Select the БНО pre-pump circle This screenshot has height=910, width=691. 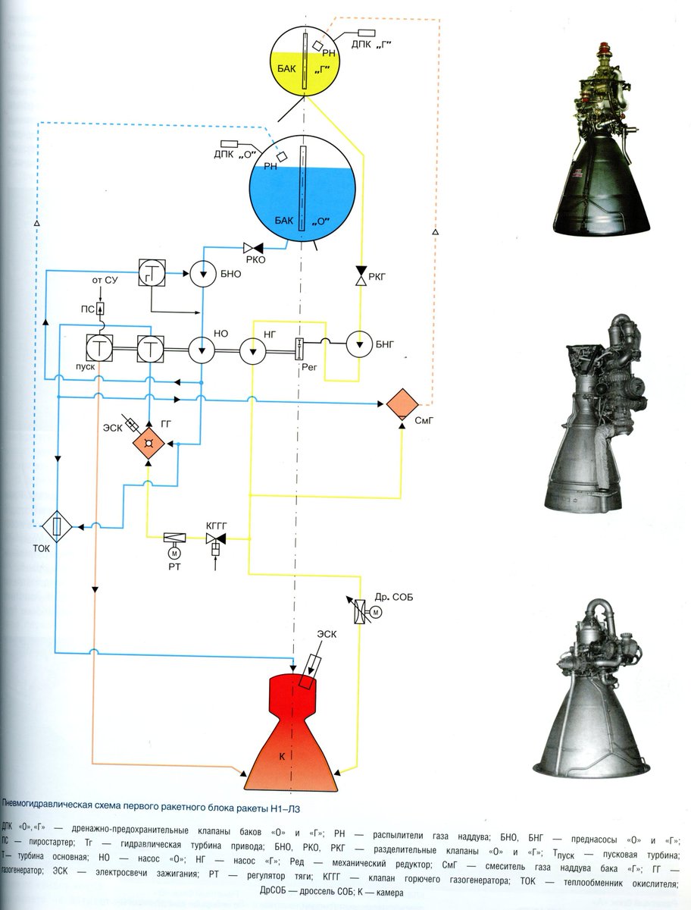click(202, 275)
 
